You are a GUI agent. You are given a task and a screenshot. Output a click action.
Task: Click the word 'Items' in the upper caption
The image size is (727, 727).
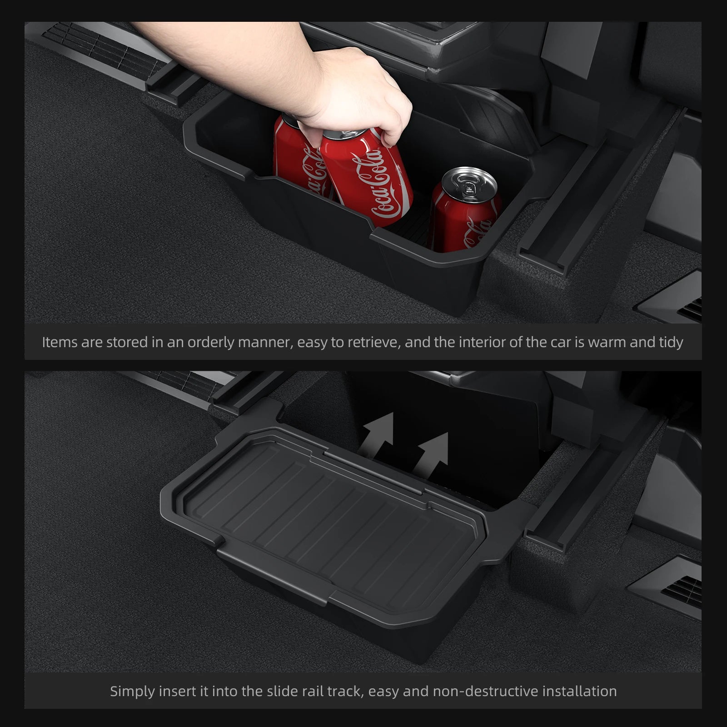click(60, 342)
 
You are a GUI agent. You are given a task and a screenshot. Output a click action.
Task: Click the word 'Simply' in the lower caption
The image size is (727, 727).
click(132, 692)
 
